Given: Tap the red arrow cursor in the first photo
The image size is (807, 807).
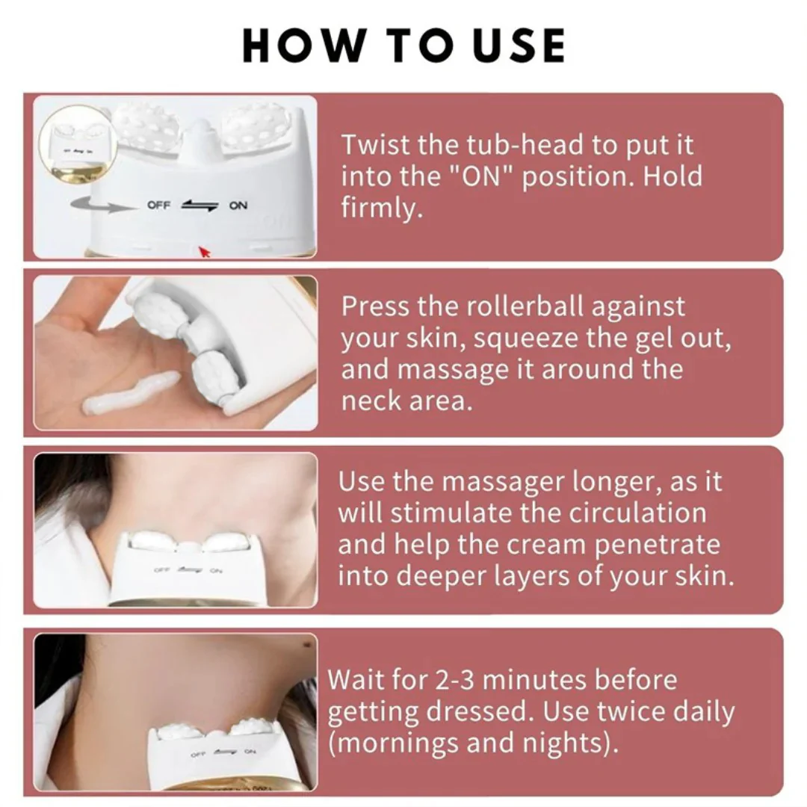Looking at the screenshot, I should (204, 252).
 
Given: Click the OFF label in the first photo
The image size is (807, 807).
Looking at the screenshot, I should (158, 205).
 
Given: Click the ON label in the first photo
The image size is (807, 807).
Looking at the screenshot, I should (238, 205).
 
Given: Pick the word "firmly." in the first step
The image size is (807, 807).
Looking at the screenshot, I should (382, 208).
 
